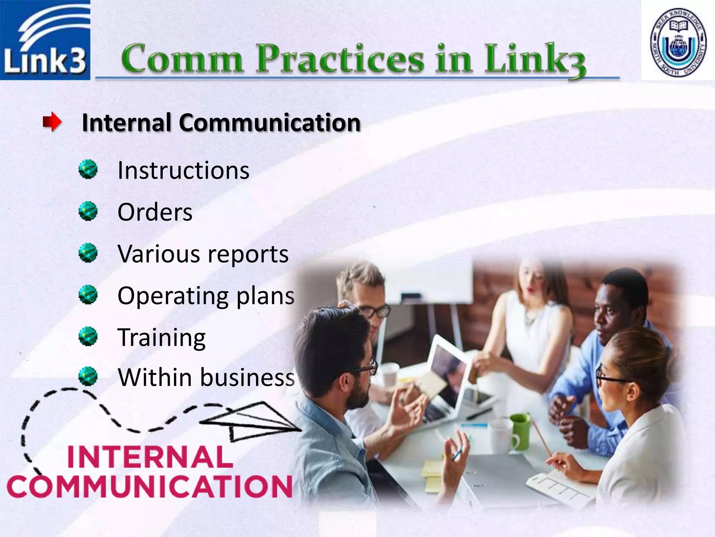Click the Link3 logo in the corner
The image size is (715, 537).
tap(45, 40)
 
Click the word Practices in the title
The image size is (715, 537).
tap(340, 59)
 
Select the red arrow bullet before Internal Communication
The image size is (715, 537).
tap(52, 122)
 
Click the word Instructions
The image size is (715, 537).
tap(183, 171)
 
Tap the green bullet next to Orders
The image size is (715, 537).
tap(88, 211)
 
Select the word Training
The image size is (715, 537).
tap(162, 338)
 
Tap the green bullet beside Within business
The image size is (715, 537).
tap(88, 376)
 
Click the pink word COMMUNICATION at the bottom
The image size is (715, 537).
tap(149, 487)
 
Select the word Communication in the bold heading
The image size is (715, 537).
tap(270, 123)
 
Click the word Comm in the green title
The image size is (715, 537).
tap(182, 59)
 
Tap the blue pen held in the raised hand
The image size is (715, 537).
tap(458, 454)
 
